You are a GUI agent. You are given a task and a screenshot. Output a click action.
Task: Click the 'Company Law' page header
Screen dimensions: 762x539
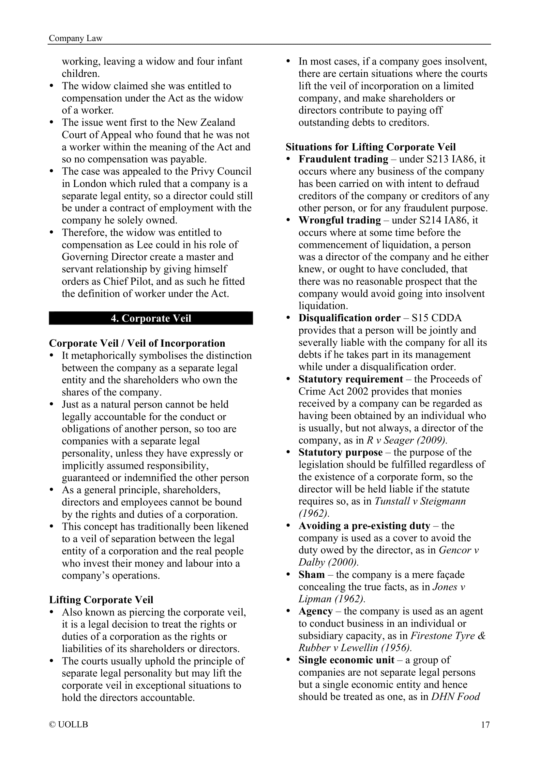pyautogui.click(x=75, y=38)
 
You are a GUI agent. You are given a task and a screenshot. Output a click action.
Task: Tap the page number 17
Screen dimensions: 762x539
pyautogui.click(x=485, y=724)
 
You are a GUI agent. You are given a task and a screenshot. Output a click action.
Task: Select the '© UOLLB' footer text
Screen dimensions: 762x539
pyautogui.click(x=68, y=724)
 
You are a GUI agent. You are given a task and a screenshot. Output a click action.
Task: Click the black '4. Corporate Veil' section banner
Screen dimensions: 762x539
pyautogui.click(x=151, y=318)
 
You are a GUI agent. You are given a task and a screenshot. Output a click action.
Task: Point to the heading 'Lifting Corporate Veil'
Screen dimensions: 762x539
pyautogui.click(x=101, y=600)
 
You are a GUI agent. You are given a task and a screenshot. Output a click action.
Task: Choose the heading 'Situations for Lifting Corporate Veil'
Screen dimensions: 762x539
pyautogui.click(x=370, y=147)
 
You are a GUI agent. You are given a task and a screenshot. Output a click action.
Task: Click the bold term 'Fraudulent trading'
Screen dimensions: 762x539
pyautogui.click(x=343, y=159)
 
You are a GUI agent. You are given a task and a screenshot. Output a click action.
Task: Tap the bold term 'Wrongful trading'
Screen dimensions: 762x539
pyautogui.click(x=339, y=220)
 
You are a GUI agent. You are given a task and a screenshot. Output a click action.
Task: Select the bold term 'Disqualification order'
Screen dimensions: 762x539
pyautogui.click(x=349, y=318)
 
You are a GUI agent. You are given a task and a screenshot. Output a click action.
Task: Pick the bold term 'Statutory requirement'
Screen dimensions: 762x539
pyautogui.click(x=351, y=379)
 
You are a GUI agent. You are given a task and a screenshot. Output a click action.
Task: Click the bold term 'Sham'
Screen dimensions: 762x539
pyautogui.click(x=311, y=574)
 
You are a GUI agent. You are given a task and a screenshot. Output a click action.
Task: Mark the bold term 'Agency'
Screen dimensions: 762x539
pyautogui.click(x=316, y=611)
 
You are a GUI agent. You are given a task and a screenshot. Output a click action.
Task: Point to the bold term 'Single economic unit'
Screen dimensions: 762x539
pyautogui.click(x=346, y=660)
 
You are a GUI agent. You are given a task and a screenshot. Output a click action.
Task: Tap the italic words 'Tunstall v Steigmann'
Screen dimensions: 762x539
pyautogui.click(x=420, y=501)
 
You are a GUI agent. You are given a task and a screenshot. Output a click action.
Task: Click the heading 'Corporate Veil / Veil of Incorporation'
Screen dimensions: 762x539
pyautogui.click(x=137, y=343)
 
